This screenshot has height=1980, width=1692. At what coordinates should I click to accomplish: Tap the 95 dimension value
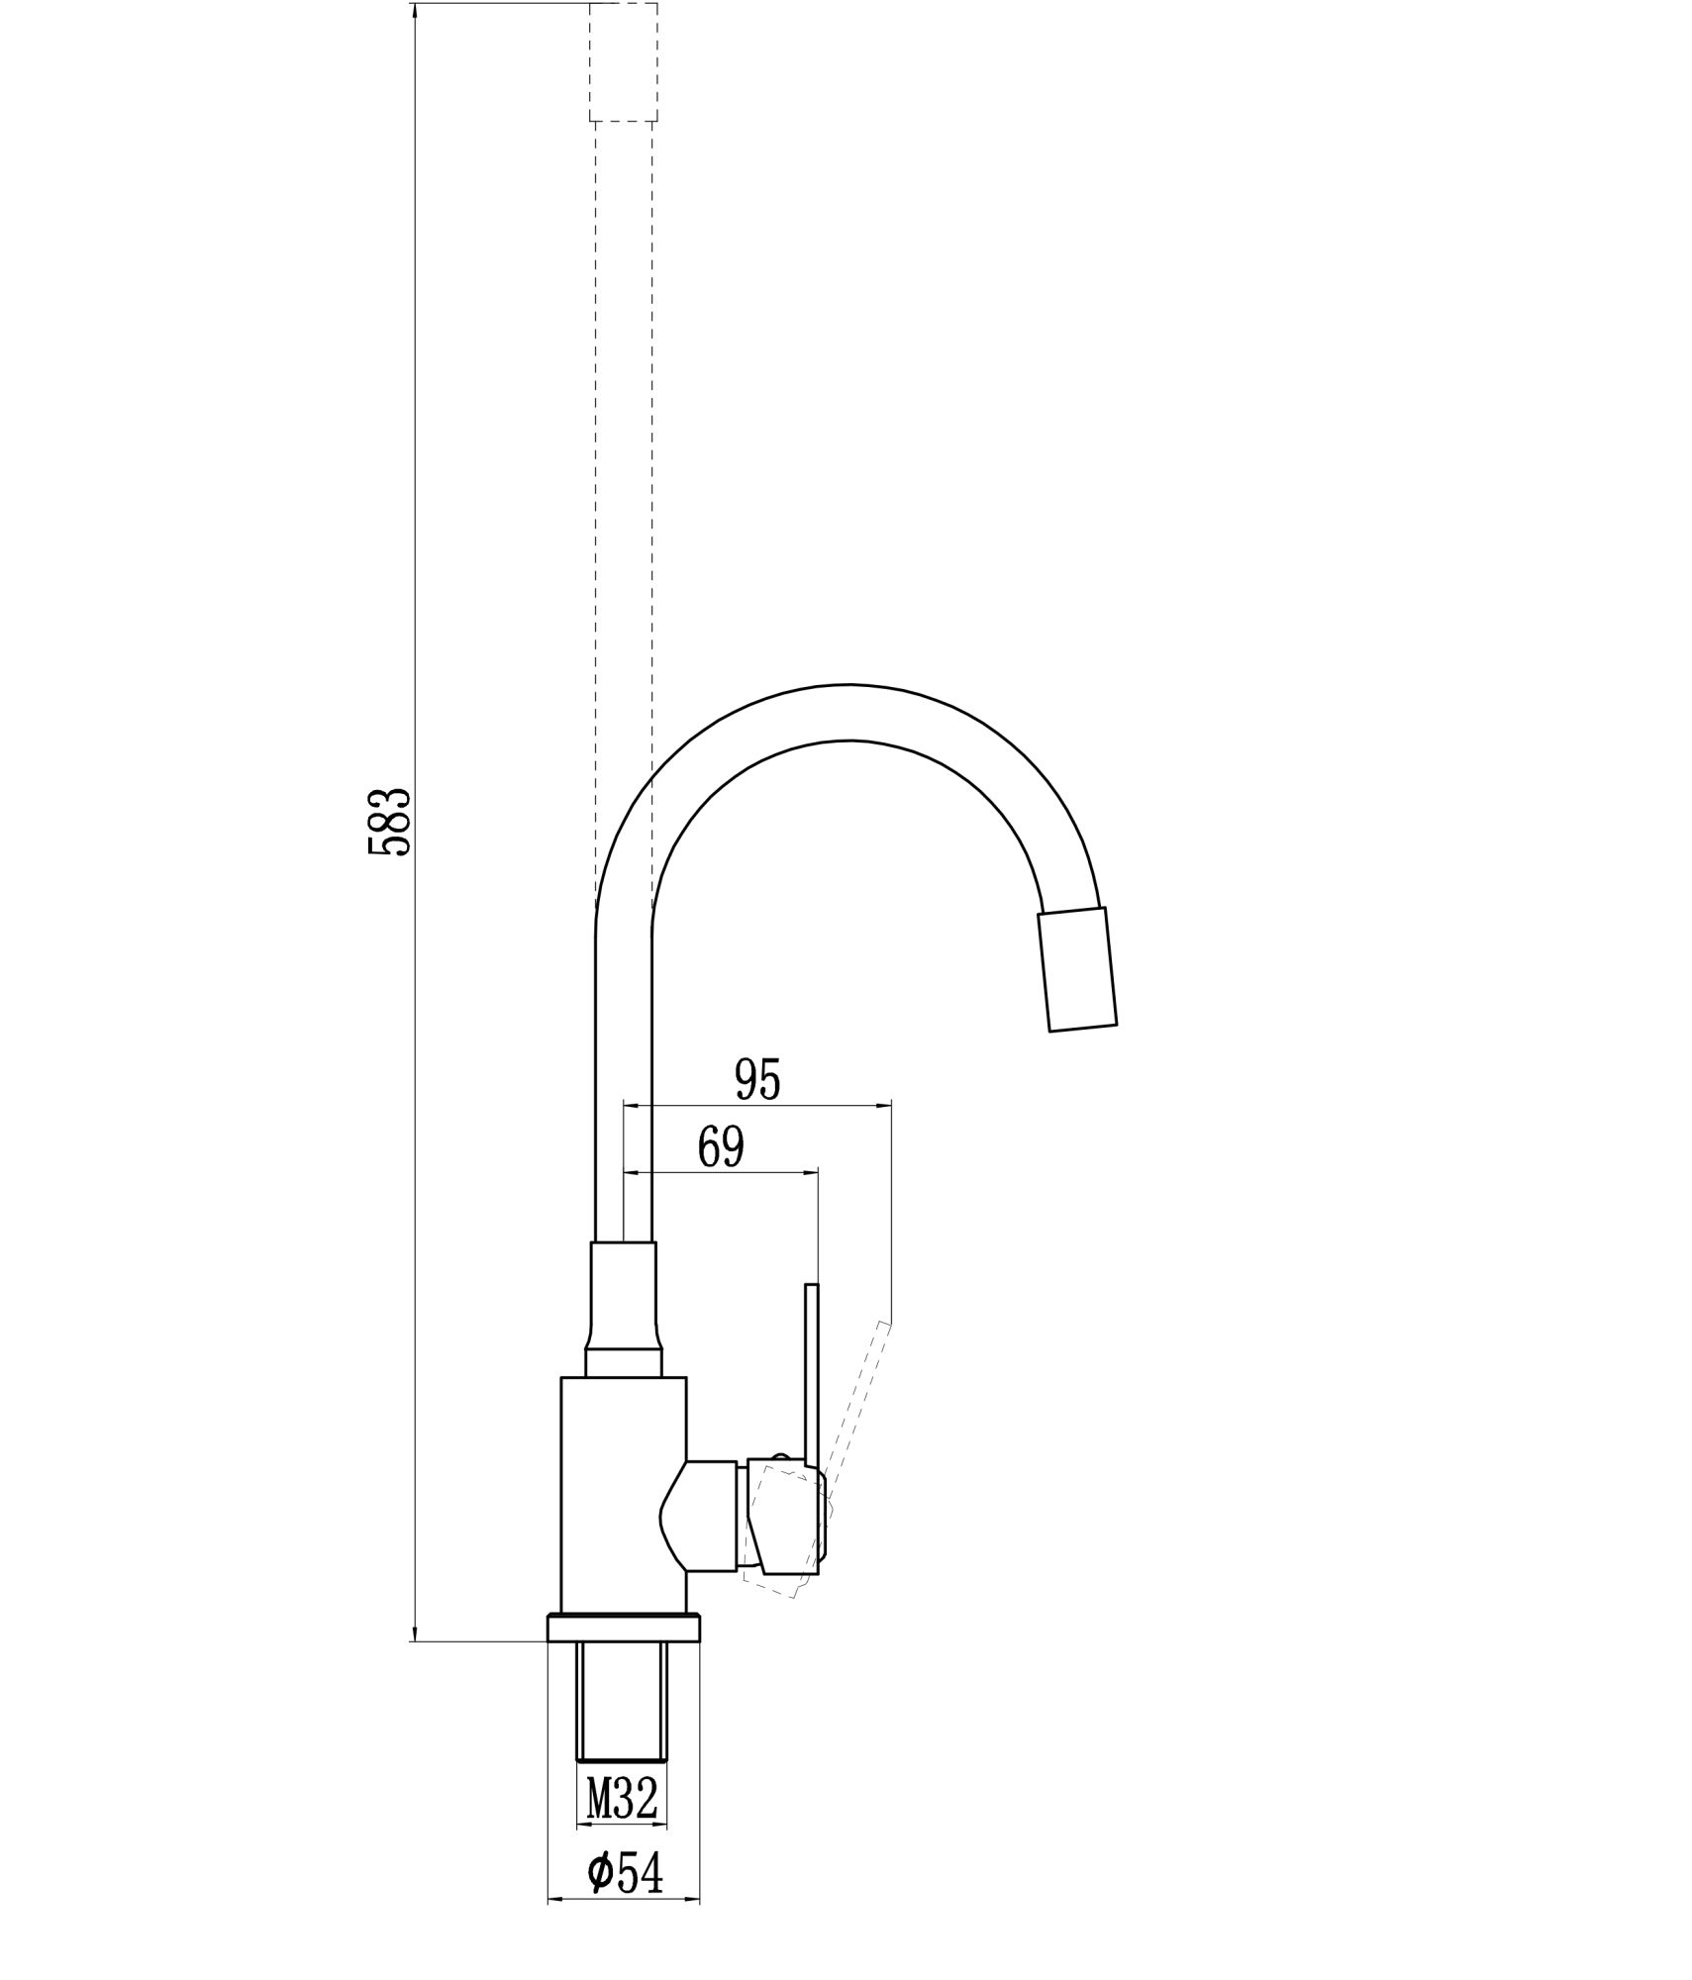(758, 1079)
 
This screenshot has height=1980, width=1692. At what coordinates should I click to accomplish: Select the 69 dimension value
(721, 1146)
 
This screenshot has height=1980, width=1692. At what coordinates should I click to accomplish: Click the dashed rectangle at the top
(623, 61)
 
